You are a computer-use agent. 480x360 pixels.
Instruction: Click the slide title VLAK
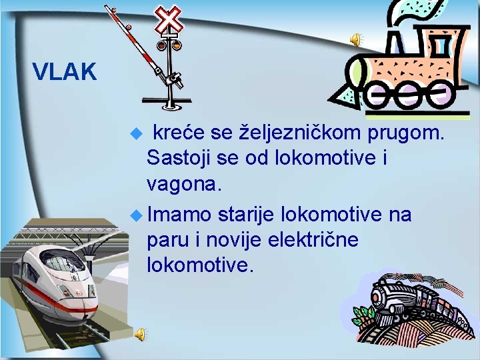click(x=65, y=71)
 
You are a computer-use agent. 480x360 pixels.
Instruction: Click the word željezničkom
click(x=301, y=134)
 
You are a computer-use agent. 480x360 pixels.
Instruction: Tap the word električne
click(x=313, y=239)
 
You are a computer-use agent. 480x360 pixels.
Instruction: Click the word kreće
click(x=179, y=134)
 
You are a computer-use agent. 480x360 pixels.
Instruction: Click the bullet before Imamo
click(x=137, y=215)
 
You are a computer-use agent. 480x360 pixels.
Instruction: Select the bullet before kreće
click(x=137, y=134)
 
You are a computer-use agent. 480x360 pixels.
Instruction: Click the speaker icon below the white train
click(x=140, y=333)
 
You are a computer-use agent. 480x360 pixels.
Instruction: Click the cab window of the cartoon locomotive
click(x=440, y=47)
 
